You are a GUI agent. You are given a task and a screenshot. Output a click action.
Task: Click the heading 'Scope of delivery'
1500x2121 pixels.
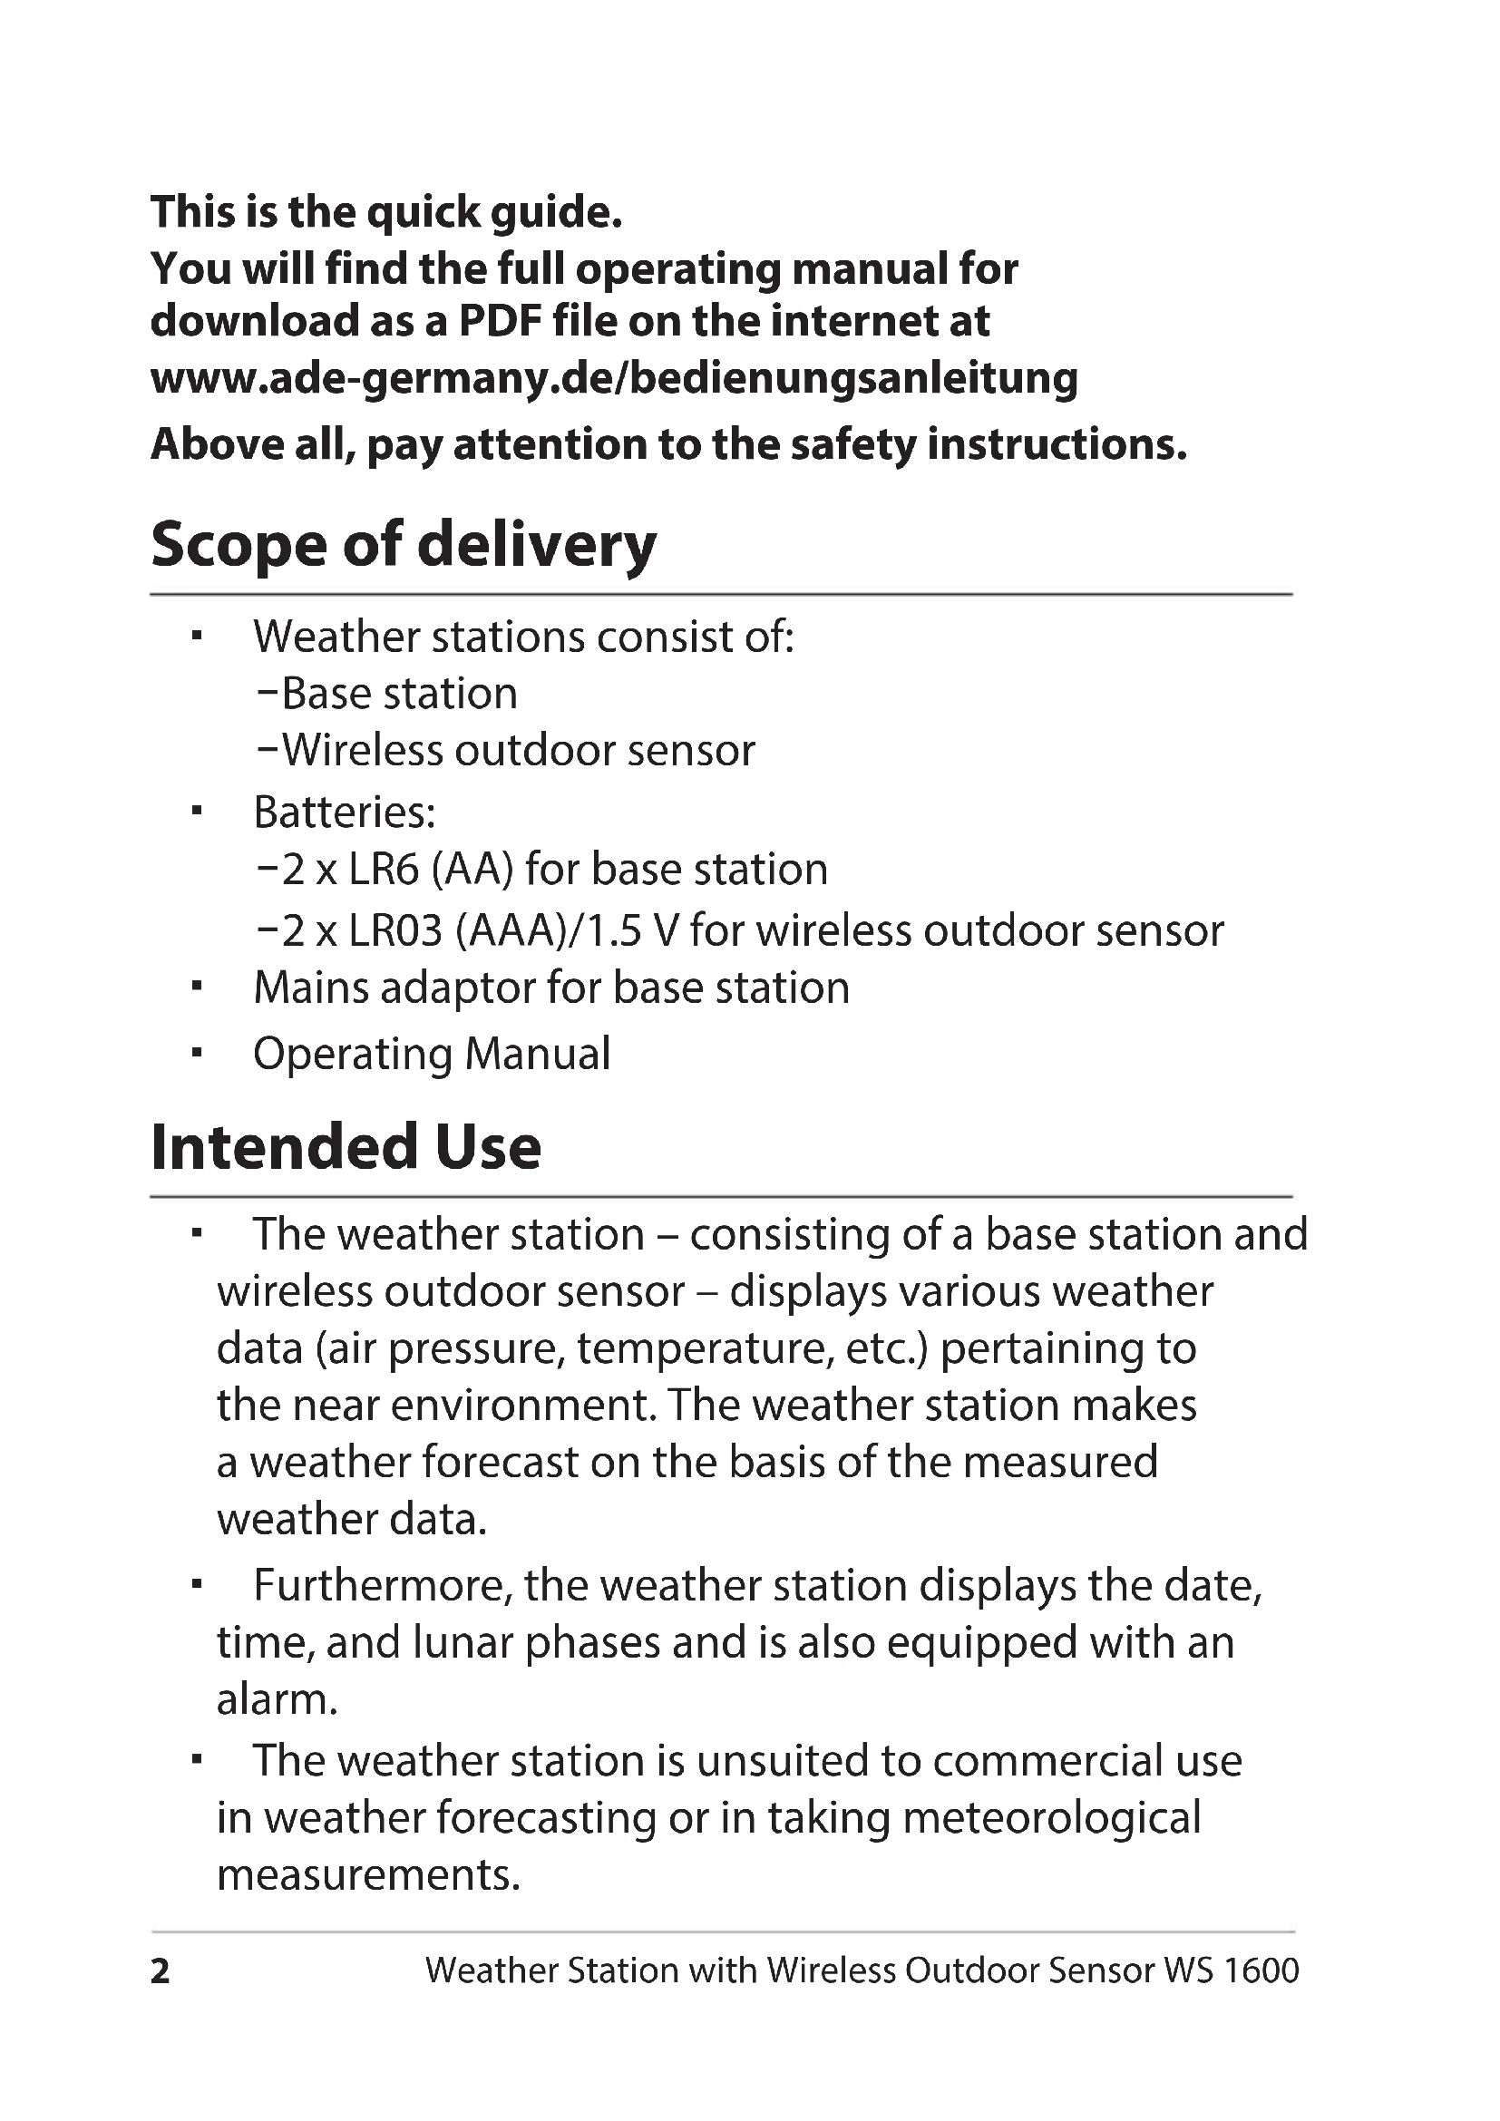pos(403,545)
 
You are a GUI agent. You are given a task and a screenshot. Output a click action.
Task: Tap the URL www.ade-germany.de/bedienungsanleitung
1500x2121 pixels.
pos(613,379)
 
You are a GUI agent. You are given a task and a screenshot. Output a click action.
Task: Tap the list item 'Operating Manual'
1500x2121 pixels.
pos(432,1054)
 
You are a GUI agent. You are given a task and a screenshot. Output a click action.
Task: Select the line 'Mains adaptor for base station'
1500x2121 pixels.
pos(550,988)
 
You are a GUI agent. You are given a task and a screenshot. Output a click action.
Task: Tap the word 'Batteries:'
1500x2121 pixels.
pos(344,812)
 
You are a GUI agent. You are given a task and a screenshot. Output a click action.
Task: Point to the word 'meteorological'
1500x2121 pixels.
pos(1051,1818)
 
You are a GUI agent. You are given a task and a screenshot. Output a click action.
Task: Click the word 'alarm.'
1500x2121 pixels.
pos(278,1699)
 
